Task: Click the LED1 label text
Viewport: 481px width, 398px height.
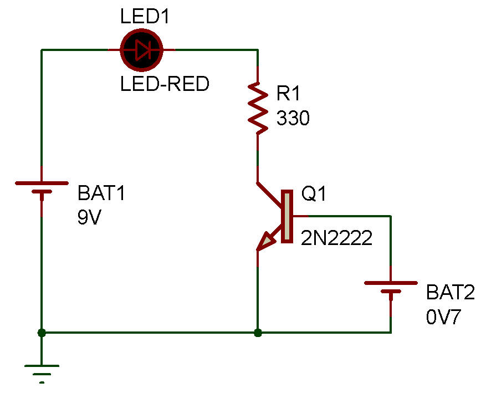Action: [145, 16]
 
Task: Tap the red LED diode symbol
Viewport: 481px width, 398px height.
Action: [141, 50]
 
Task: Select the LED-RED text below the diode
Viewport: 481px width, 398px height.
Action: [165, 84]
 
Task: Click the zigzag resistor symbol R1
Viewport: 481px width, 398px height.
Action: [257, 108]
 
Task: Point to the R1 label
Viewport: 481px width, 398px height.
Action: [288, 94]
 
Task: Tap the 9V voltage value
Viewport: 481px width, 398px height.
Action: [90, 218]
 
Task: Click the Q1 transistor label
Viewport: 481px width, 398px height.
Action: [314, 194]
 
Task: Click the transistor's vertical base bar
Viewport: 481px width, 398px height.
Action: [286, 216]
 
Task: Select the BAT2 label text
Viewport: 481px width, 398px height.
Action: [451, 293]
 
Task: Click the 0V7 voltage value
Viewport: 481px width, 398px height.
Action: [443, 318]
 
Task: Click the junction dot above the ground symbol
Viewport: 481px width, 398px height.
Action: [41, 333]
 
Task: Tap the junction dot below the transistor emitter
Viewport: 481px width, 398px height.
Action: [257, 333]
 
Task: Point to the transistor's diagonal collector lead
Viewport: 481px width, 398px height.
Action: [270, 193]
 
